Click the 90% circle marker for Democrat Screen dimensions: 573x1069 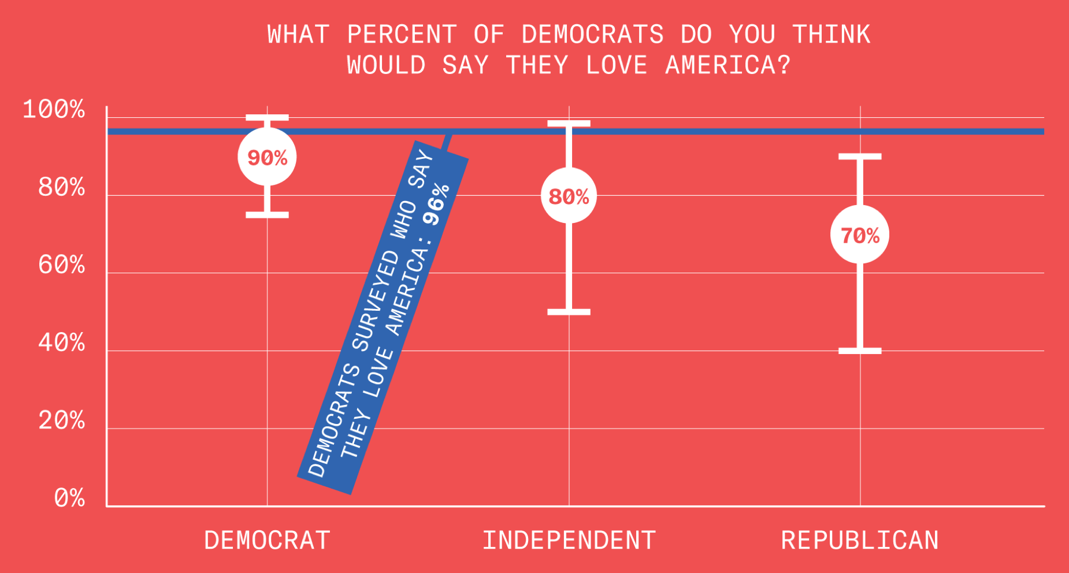point(267,157)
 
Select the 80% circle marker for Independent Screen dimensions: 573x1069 point(569,196)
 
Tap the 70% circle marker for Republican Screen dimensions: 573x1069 point(860,235)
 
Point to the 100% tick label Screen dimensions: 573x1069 point(54,109)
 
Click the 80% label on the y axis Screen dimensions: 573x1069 point(61,187)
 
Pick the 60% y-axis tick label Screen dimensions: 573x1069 point(61,265)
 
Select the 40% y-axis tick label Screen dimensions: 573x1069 point(61,343)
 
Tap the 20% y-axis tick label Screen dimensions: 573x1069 point(61,421)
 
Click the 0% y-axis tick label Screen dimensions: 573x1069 point(69,498)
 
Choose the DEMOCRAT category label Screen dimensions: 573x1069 point(267,541)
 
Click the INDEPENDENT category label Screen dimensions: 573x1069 point(569,541)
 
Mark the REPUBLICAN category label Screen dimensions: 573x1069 point(860,541)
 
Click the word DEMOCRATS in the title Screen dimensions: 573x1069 point(592,35)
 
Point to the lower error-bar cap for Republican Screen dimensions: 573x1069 point(860,351)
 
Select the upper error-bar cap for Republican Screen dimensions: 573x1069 point(860,157)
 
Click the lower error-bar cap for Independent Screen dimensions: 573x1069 point(569,312)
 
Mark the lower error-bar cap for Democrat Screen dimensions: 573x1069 point(267,215)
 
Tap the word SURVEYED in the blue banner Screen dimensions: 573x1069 point(376,300)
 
